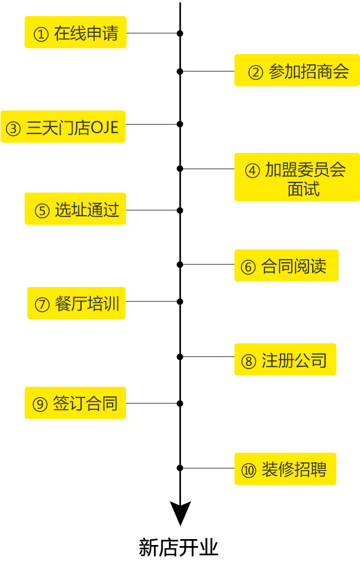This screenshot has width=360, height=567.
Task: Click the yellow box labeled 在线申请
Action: pyautogui.click(x=76, y=32)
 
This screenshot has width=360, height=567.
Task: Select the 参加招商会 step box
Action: pyautogui.click(x=297, y=70)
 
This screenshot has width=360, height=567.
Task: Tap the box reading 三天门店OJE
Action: pyautogui.click(x=63, y=127)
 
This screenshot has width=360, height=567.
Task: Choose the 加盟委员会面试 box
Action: pyautogui.click(x=297, y=177)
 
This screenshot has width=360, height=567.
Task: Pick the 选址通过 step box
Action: pyautogui.click(x=76, y=209)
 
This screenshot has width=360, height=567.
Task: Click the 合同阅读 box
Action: pyautogui.click(x=286, y=266)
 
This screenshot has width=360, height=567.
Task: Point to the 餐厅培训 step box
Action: pyautogui.click(x=76, y=303)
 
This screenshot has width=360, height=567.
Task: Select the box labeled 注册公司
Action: pyautogui.click(x=285, y=359)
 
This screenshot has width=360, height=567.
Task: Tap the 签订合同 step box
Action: pyautogui.click(x=75, y=403)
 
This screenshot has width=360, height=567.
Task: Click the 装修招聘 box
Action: pyautogui.click(x=285, y=469)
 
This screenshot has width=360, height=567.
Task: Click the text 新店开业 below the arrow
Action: pyautogui.click(x=179, y=548)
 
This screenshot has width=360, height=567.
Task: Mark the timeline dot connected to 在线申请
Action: pyautogui.click(x=180, y=33)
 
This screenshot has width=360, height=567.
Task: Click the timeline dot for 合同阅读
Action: pyautogui.click(x=180, y=264)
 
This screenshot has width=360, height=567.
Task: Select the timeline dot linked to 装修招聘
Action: pyautogui.click(x=180, y=468)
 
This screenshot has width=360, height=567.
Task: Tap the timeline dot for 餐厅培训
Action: pyautogui.click(x=180, y=301)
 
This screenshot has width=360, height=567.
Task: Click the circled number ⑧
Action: pyautogui.click(x=248, y=361)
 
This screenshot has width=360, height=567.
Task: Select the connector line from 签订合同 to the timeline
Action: pyautogui.click(x=152, y=403)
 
